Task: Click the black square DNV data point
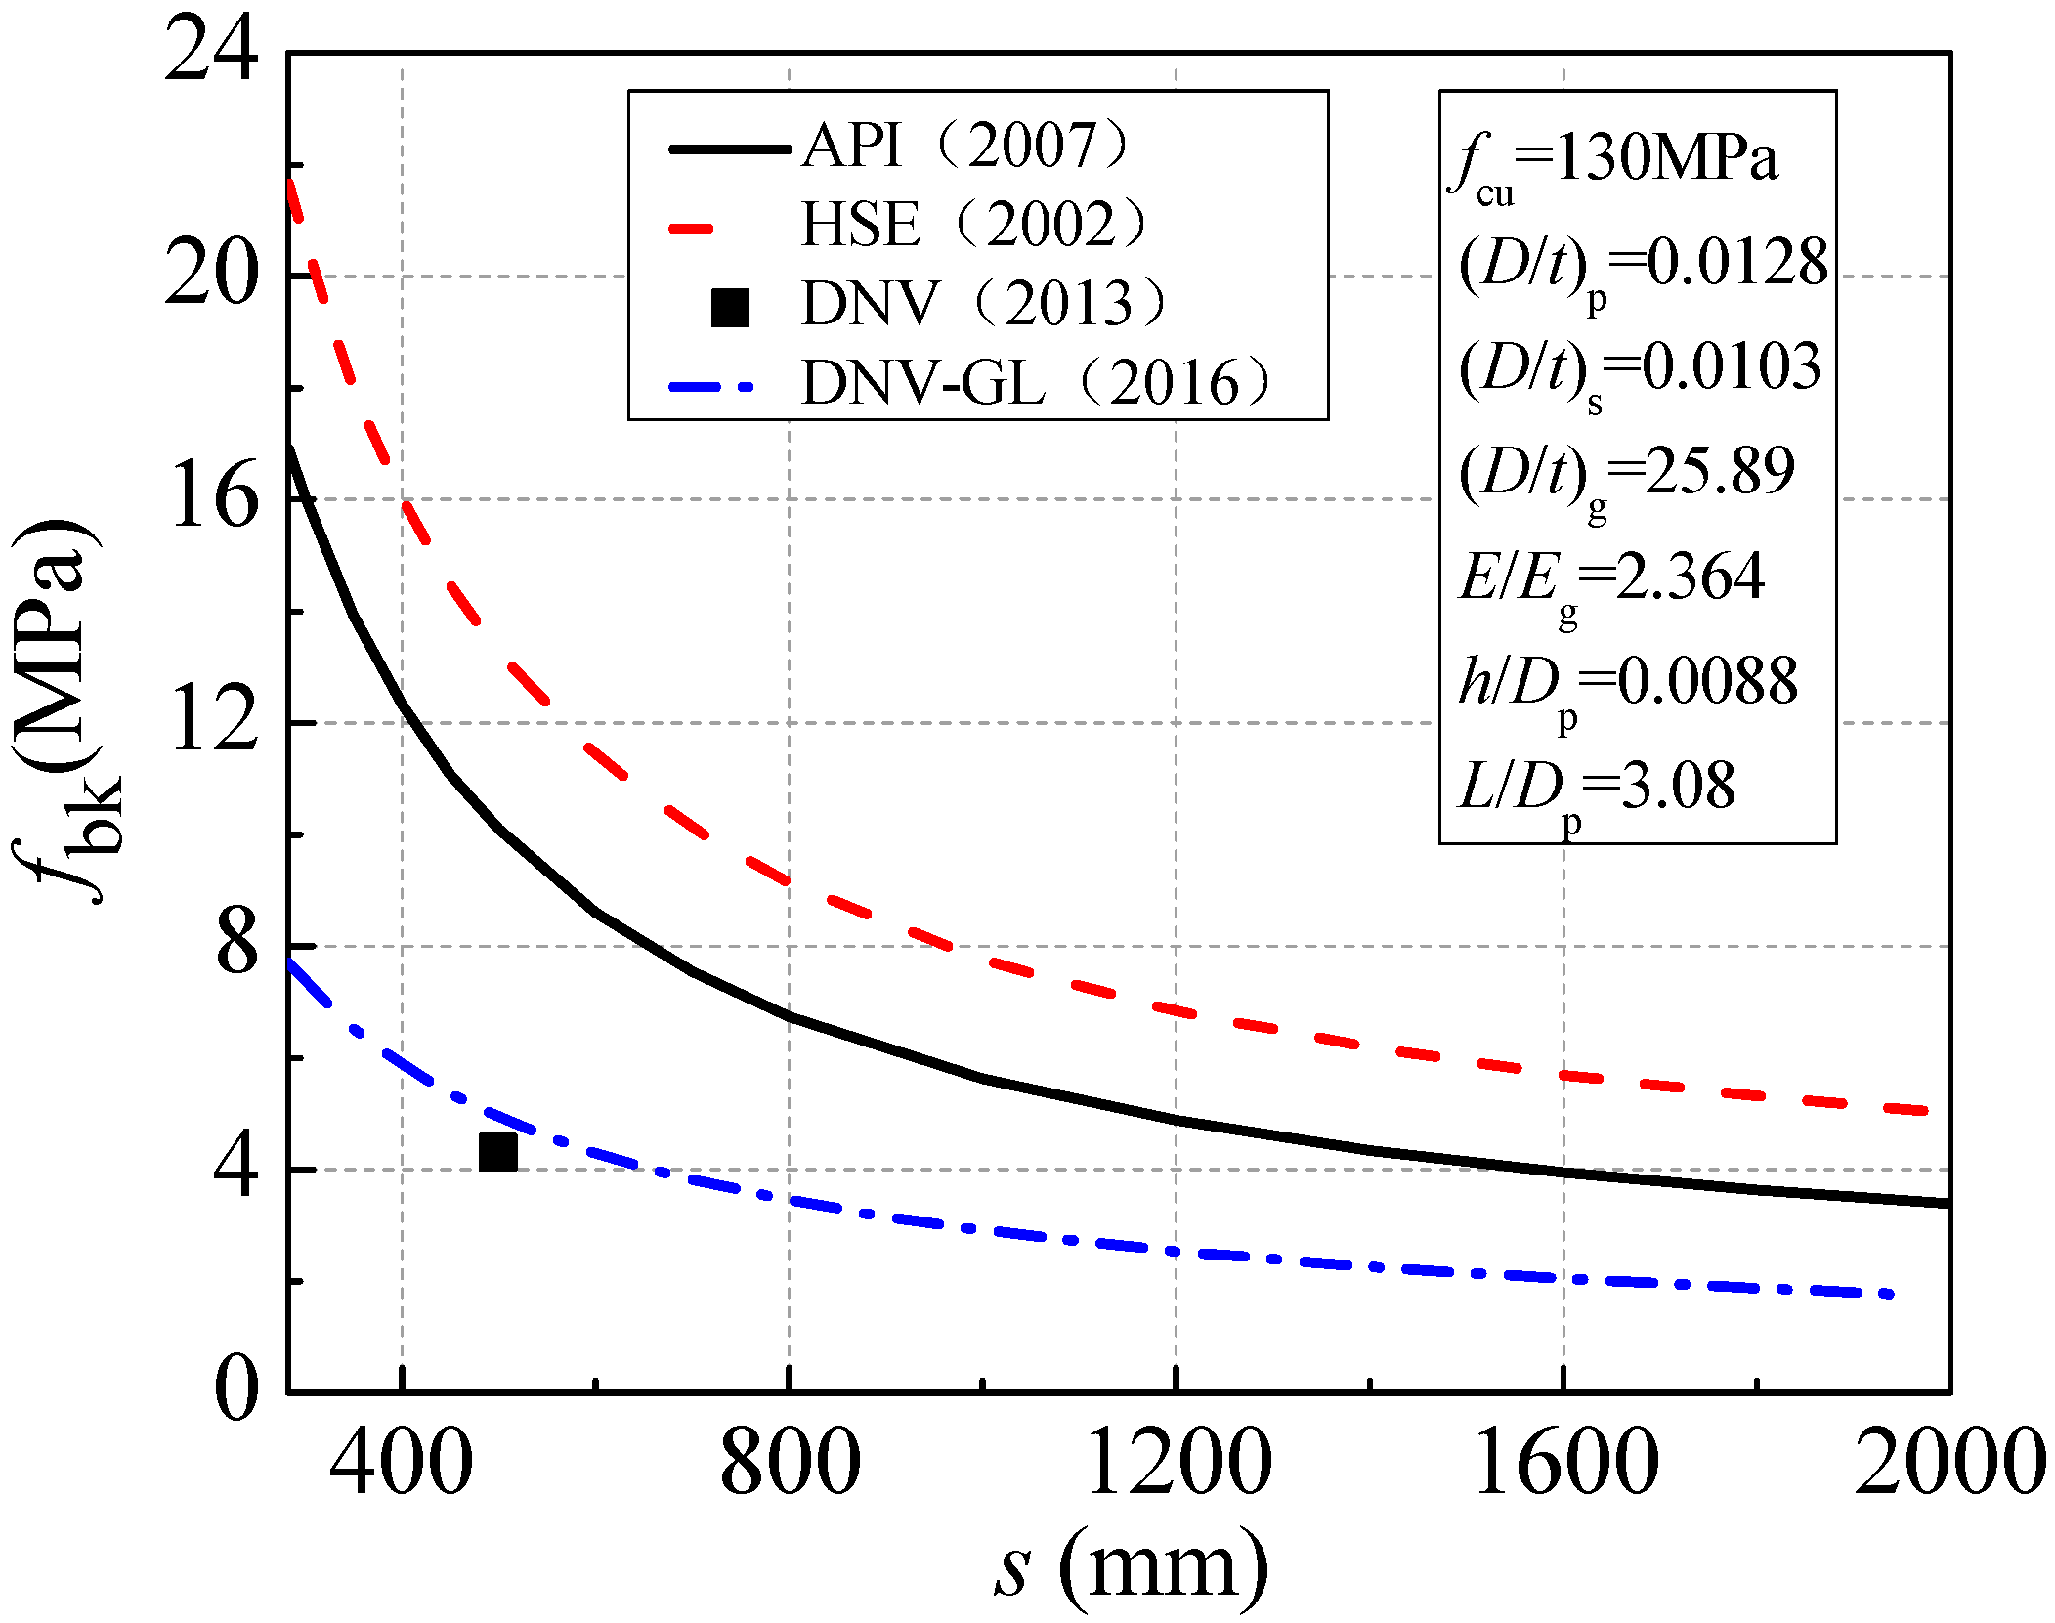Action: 497,1152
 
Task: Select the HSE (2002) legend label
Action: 972,225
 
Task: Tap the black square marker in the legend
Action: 730,307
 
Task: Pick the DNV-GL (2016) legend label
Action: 1036,382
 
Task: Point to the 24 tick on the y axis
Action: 210,51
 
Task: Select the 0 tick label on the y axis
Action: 235,1390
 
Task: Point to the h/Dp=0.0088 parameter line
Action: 1627,685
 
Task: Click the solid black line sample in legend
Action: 729,149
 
